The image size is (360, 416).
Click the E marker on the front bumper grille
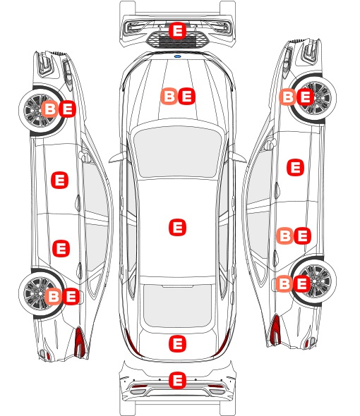(177, 30)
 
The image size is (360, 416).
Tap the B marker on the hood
(169, 96)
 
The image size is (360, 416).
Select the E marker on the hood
(186, 96)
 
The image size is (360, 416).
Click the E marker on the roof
(177, 227)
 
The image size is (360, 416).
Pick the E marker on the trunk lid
(177, 344)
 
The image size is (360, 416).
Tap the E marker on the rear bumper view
(177, 380)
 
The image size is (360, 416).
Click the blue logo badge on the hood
(177, 56)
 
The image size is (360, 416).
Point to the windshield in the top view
(177, 152)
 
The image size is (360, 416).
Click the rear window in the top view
(177, 305)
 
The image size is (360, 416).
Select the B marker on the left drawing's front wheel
(49, 109)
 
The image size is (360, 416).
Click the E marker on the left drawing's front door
(59, 180)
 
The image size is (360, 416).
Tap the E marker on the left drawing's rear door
(61, 248)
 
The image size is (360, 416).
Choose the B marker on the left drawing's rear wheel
(53, 296)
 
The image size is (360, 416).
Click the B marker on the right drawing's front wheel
(287, 97)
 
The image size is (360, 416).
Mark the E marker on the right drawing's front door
(296, 167)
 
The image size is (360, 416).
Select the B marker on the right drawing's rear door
(284, 235)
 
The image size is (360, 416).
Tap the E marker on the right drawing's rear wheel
(302, 283)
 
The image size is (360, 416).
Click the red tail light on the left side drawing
(80, 342)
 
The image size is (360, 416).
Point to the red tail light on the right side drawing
(275, 329)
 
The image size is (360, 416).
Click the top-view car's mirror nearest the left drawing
(118, 157)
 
